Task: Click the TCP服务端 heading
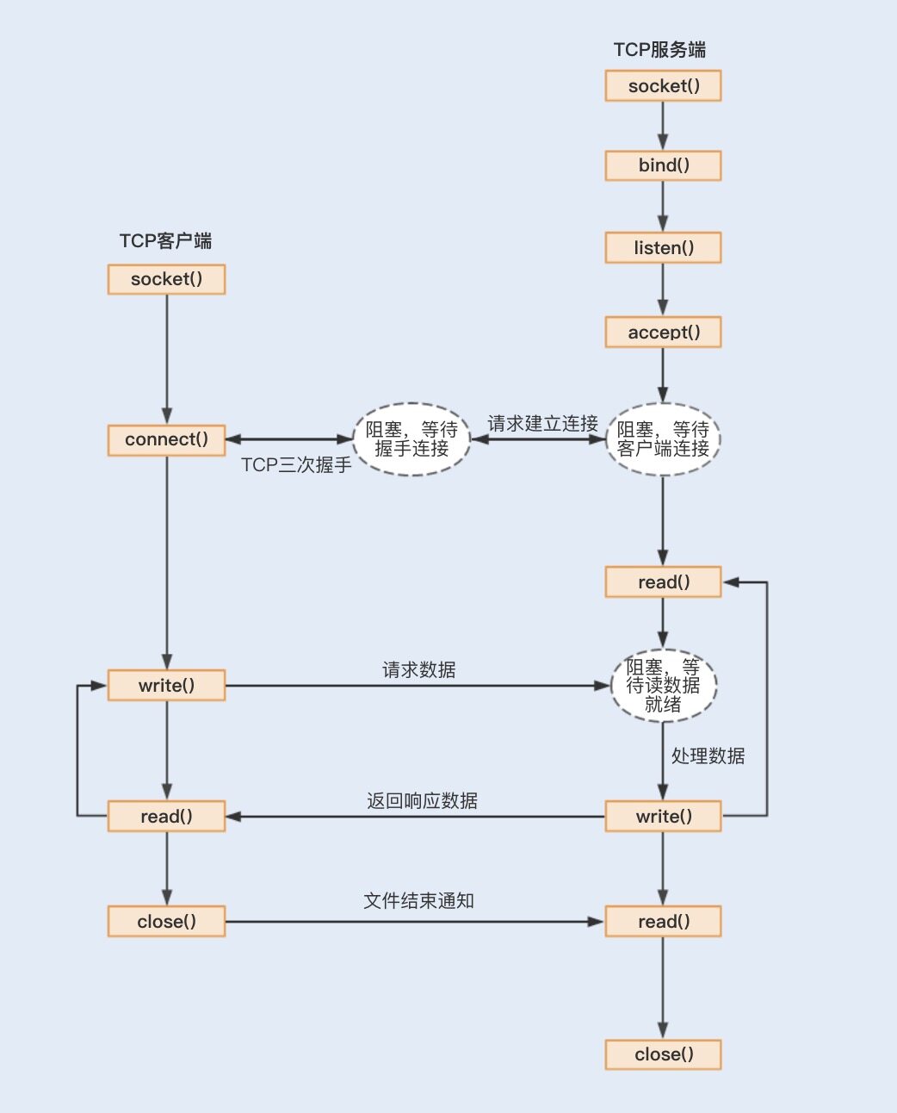[x=659, y=50]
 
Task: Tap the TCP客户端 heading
[x=165, y=241]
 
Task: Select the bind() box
[x=663, y=165]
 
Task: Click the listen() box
[x=663, y=248]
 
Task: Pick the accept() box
[x=663, y=333]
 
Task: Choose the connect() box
[x=166, y=439]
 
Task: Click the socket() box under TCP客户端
[x=166, y=279]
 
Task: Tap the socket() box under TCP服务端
[x=663, y=86]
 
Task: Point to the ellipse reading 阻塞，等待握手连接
[x=411, y=439]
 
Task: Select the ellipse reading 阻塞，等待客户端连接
[x=663, y=439]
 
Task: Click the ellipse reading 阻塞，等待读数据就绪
[x=663, y=686]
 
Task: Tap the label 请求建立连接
[x=542, y=424]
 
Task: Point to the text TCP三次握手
[x=296, y=465]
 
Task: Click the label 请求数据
[x=418, y=670]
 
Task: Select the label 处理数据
[x=708, y=756]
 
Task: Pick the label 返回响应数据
[x=422, y=801]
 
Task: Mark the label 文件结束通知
[x=418, y=901]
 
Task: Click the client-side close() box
[x=166, y=922]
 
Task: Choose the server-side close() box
[x=663, y=1054]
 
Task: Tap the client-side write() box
[x=166, y=686]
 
